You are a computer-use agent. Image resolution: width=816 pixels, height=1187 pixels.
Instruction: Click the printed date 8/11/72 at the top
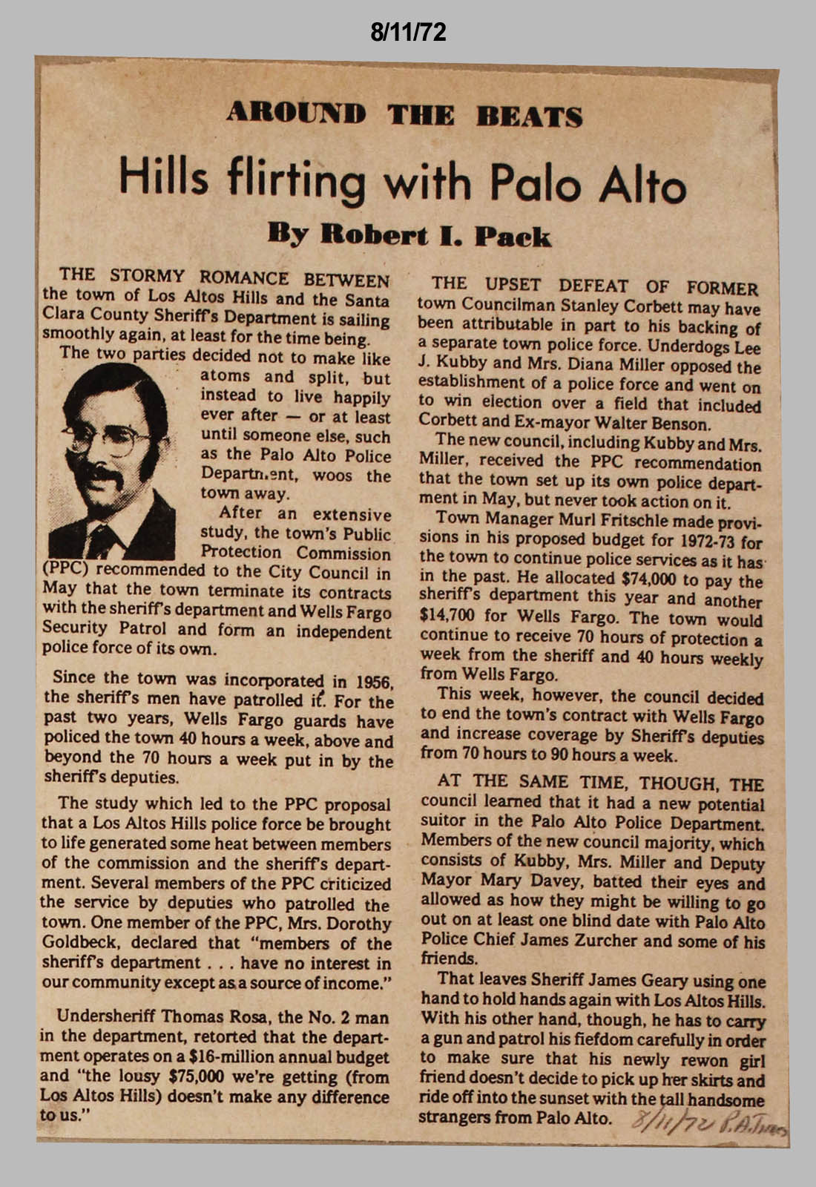(x=408, y=32)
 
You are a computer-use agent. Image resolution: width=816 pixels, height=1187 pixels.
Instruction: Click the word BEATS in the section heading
(x=529, y=116)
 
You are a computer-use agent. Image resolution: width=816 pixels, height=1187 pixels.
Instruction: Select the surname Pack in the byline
(x=513, y=237)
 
